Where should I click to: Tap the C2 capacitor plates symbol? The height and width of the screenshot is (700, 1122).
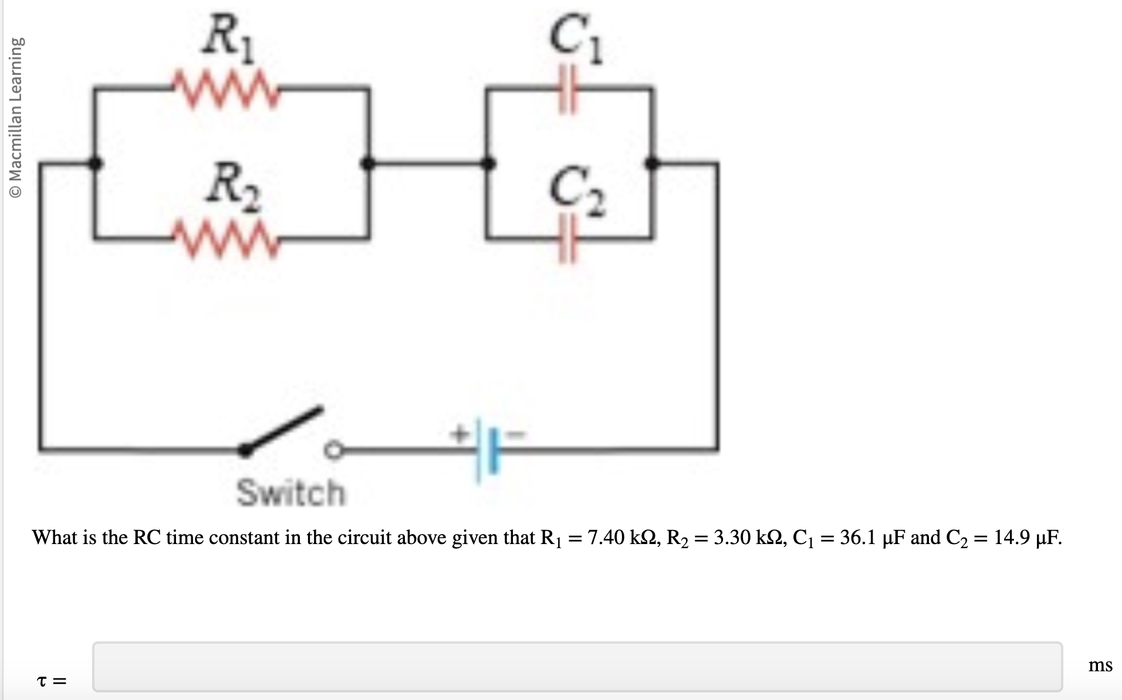click(567, 239)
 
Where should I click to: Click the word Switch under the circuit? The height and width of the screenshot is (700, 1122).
click(291, 492)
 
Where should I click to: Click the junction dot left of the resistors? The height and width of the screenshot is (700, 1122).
click(94, 163)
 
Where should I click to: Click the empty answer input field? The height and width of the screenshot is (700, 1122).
click(576, 667)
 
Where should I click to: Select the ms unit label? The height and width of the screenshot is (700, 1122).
click(1100, 665)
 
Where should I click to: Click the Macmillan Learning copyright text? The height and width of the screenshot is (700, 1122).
click(18, 117)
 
